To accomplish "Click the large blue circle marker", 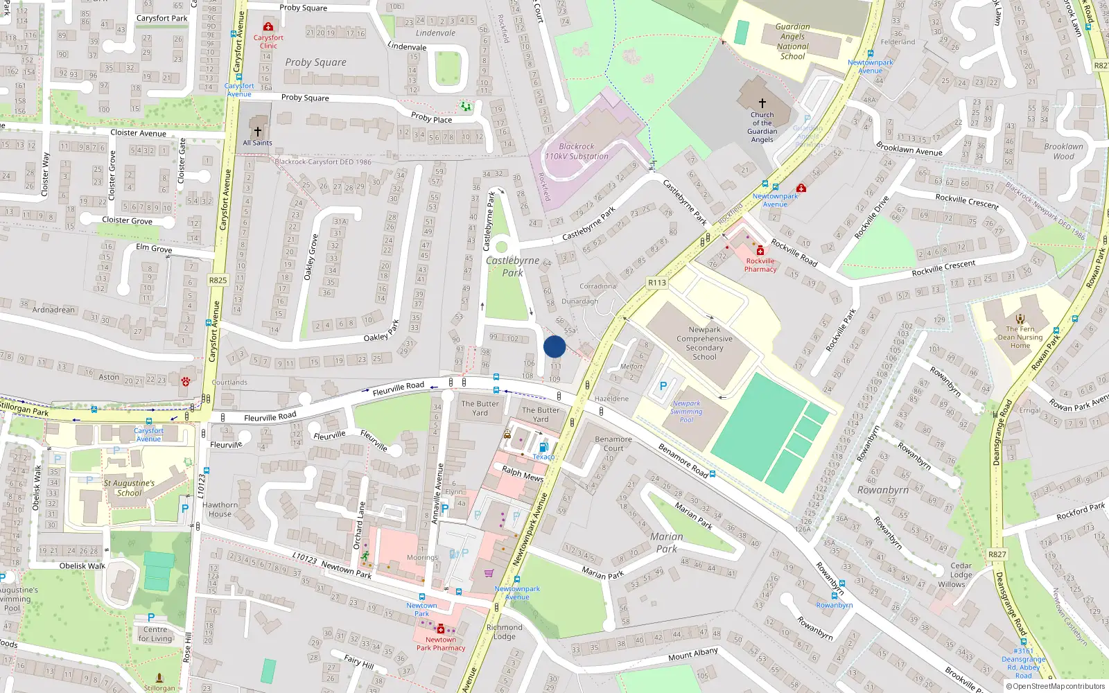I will [x=554, y=346].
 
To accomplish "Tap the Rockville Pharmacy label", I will [x=760, y=265].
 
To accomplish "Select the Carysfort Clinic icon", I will [x=268, y=27].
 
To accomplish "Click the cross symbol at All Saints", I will [x=258, y=131].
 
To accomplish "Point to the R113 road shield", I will [x=656, y=283].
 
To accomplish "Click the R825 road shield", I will [x=218, y=281].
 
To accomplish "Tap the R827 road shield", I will [x=997, y=554].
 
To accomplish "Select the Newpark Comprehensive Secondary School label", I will [x=704, y=343].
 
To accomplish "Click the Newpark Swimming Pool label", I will [x=686, y=412].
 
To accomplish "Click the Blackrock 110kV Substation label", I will [x=577, y=152].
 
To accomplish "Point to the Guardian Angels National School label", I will [x=792, y=42].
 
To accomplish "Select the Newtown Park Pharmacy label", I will [x=441, y=644].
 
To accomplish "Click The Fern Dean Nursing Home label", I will [x=1020, y=337].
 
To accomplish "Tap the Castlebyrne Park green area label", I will [x=512, y=267].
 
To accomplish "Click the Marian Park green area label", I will [x=666, y=543].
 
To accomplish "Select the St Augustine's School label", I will [x=129, y=488].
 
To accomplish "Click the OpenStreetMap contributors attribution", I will [x=1056, y=687].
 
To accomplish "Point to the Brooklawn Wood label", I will [x=1063, y=151].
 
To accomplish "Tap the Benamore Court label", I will [x=613, y=444].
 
